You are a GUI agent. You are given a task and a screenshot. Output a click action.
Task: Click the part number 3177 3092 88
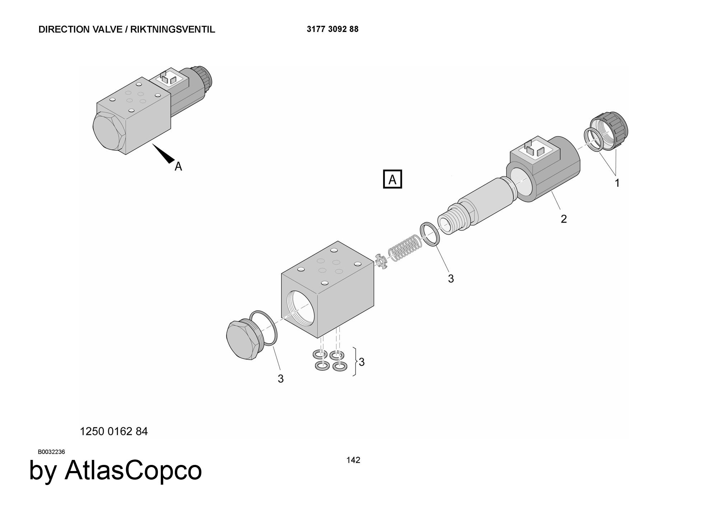[x=332, y=29]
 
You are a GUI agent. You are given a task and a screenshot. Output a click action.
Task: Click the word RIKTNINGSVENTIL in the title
[x=173, y=29]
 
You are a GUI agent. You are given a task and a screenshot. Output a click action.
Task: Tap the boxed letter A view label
[x=392, y=179]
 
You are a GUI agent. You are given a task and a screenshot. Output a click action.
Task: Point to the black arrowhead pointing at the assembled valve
[x=164, y=154]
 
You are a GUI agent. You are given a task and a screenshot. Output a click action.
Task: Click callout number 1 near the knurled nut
[x=617, y=183]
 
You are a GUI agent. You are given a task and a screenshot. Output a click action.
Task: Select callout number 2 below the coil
[x=564, y=219]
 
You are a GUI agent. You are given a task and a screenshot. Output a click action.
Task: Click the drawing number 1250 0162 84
[x=114, y=431]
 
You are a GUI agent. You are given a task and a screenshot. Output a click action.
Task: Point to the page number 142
[x=353, y=460]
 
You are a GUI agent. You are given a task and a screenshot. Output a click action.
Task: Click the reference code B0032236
[x=51, y=452]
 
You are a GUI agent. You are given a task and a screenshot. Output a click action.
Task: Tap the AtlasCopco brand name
[x=133, y=471]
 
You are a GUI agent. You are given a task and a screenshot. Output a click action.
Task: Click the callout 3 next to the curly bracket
[x=362, y=362]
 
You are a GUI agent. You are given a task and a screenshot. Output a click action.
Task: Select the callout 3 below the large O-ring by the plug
[x=281, y=379]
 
